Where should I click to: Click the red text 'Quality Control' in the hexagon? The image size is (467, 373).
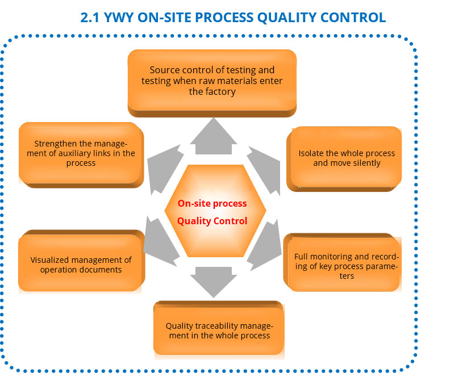[x=212, y=221]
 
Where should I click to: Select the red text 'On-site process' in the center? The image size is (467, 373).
[x=212, y=203]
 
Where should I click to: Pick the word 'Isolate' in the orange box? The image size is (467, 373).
[x=312, y=153]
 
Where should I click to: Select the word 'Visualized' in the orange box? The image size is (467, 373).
[x=49, y=260]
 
